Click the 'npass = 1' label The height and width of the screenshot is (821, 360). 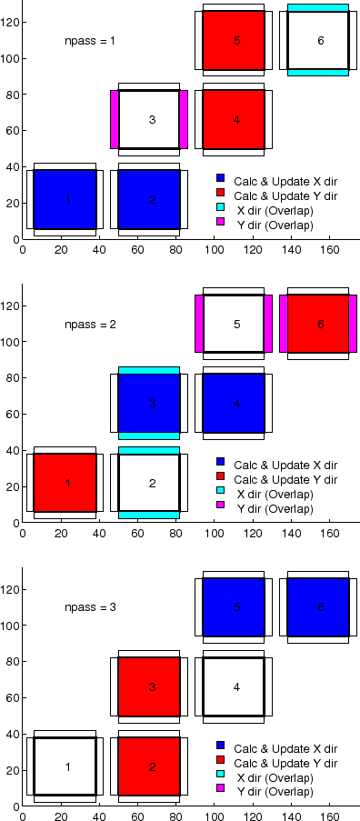[89, 41]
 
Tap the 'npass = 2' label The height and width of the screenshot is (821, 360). [89, 325]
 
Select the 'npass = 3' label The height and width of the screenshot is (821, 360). [89, 607]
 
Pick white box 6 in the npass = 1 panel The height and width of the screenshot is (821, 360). [318, 40]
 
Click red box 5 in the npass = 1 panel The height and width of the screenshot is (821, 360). [234, 40]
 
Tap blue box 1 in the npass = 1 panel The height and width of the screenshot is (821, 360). [65, 199]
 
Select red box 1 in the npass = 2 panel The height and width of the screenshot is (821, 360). [65, 483]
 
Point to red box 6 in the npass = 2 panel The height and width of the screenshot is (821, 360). [318, 324]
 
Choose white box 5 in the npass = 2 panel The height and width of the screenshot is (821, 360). [234, 324]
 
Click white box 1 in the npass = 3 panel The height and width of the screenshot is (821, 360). [65, 766]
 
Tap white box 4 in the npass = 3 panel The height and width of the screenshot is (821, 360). [234, 686]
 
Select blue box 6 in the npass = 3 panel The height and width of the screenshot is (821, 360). [318, 607]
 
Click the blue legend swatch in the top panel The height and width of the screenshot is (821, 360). [220, 179]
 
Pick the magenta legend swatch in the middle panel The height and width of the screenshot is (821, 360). [220, 507]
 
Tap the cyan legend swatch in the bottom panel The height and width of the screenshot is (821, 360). [220, 777]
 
